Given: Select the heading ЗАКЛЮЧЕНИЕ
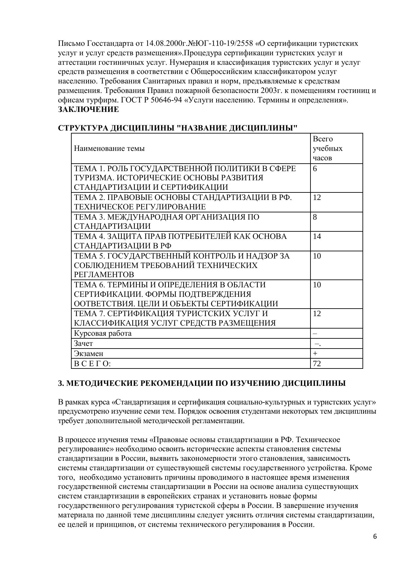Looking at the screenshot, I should tap(88, 110).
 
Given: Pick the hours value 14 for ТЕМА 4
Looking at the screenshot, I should tap(317, 236).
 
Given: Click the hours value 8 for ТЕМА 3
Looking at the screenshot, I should tap(315, 217).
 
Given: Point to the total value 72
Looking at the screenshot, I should tap(317, 363).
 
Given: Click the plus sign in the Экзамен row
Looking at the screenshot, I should tap(315, 353).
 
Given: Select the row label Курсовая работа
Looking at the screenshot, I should tap(103, 333).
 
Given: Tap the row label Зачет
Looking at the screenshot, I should tap(83, 343).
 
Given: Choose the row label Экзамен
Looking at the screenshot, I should tap(88, 353).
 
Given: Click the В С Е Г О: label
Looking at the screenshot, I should tap(93, 363).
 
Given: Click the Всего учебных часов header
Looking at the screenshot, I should tap(327, 148).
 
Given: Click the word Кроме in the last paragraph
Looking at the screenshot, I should tap(362, 468).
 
